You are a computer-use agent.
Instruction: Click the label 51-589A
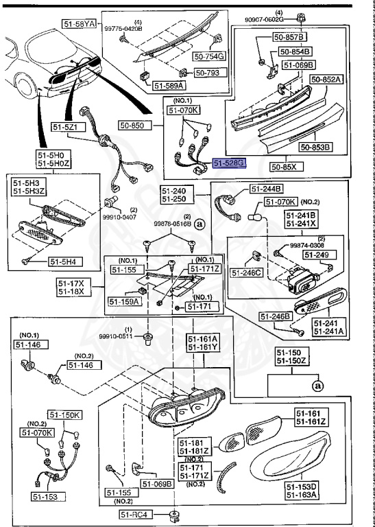click(168, 86)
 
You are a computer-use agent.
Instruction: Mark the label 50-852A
click(325, 80)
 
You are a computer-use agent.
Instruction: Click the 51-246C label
click(247, 272)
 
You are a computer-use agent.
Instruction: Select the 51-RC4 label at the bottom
click(134, 515)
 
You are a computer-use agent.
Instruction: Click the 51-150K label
click(65, 415)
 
